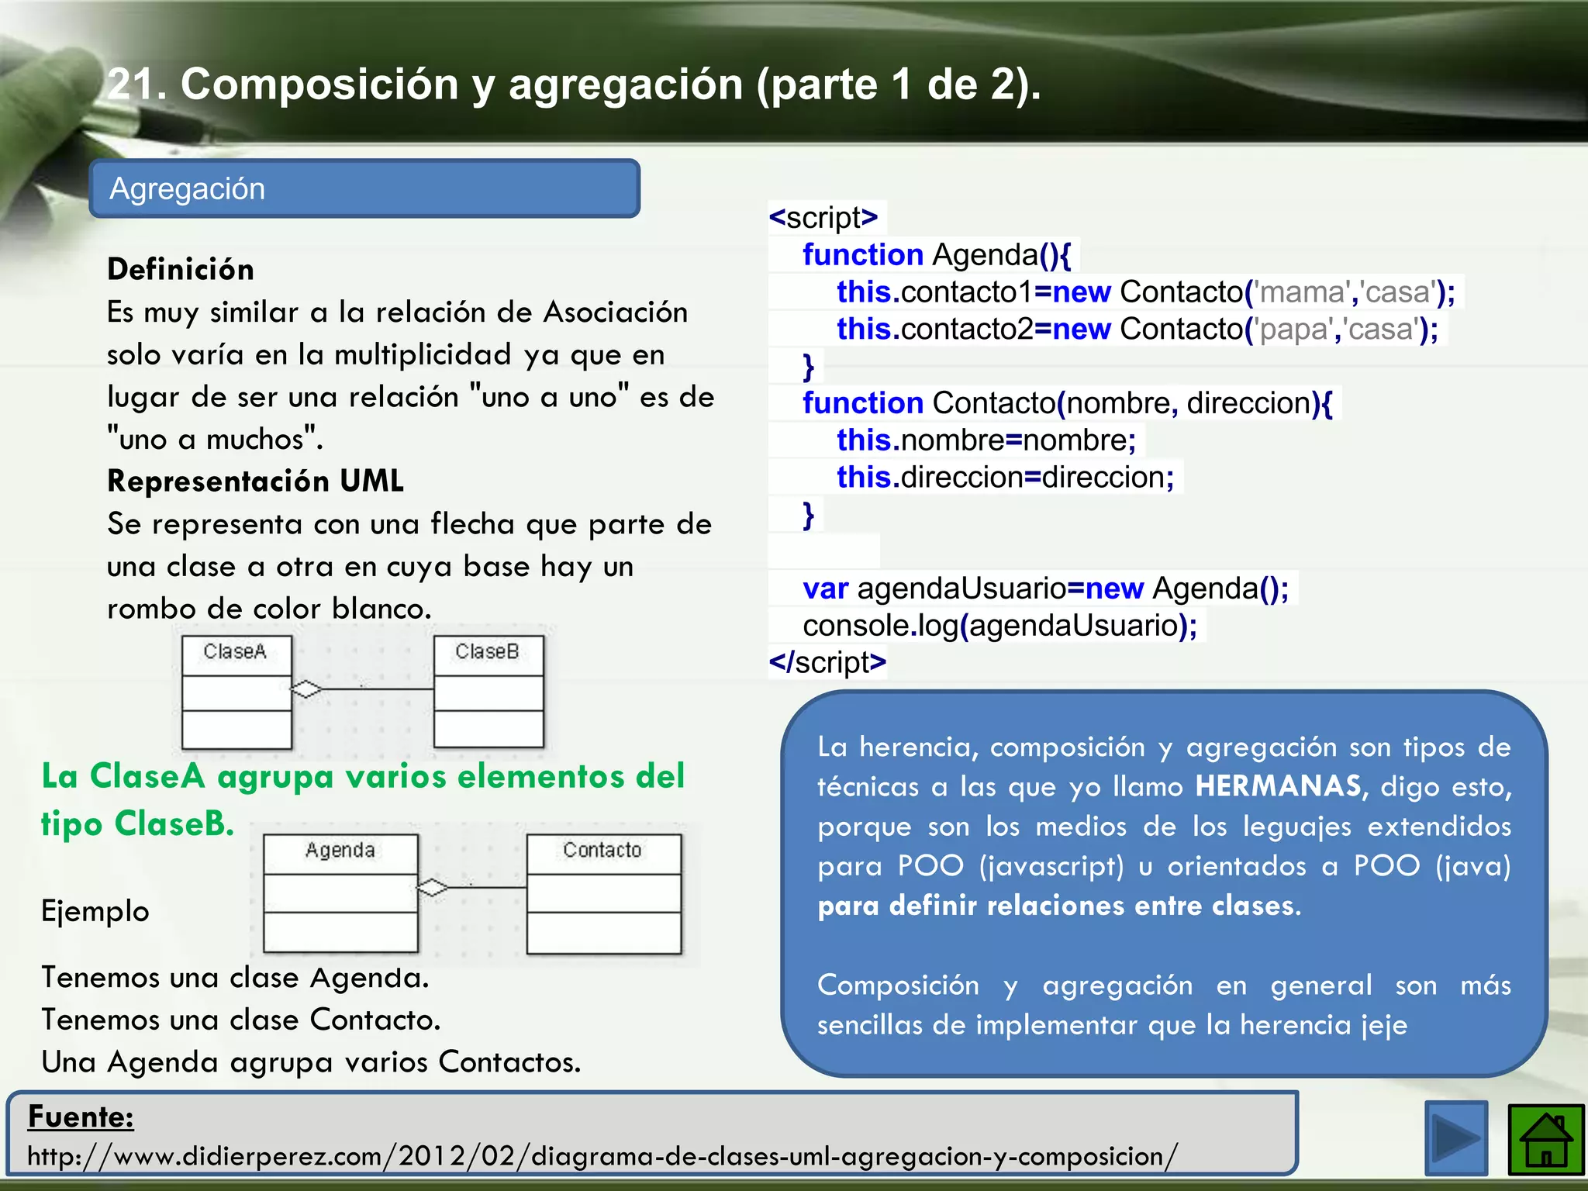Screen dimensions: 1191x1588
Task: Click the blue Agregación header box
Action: point(364,188)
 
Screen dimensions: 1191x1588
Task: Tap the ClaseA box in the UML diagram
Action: point(236,691)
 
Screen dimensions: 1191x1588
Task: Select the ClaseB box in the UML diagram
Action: point(488,691)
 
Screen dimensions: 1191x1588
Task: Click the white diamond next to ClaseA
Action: point(306,689)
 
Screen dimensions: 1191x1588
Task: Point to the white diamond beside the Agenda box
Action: point(433,887)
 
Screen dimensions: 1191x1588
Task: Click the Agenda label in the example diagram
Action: point(340,851)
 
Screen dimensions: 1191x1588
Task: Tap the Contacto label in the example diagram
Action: point(602,851)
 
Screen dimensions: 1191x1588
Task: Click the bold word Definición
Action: point(181,270)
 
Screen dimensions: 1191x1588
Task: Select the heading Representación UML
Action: point(255,482)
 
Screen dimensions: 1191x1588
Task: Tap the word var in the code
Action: point(825,589)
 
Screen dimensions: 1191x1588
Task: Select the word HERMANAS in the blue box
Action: point(1277,787)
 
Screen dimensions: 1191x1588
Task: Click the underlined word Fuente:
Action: point(81,1117)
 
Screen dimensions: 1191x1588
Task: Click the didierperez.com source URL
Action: point(602,1156)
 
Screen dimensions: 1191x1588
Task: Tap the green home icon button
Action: point(1545,1140)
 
